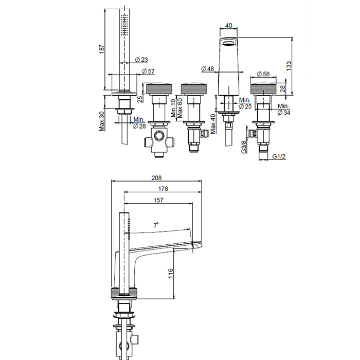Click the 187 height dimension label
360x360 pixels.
(x=102, y=49)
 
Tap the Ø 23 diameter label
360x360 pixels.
(x=141, y=60)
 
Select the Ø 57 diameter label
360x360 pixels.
(x=148, y=71)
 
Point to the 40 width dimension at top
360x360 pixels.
(x=229, y=25)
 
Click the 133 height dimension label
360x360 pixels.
(x=289, y=66)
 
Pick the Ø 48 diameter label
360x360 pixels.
(x=208, y=68)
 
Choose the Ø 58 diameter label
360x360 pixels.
(x=263, y=74)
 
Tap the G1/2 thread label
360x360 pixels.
(x=279, y=156)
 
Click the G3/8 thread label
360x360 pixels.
(x=244, y=147)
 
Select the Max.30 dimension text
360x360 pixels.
(x=102, y=121)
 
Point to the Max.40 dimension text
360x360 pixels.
(x=213, y=124)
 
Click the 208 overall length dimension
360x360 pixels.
(x=156, y=178)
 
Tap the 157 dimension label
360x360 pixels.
(x=158, y=200)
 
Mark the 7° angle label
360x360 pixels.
(x=156, y=225)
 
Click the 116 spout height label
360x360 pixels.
(x=170, y=274)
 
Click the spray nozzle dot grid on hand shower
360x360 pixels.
(x=124, y=24)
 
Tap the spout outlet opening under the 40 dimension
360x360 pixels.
(x=228, y=43)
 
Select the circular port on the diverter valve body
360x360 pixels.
(x=158, y=136)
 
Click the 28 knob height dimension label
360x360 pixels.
(x=283, y=88)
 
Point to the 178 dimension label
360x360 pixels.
(x=163, y=189)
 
